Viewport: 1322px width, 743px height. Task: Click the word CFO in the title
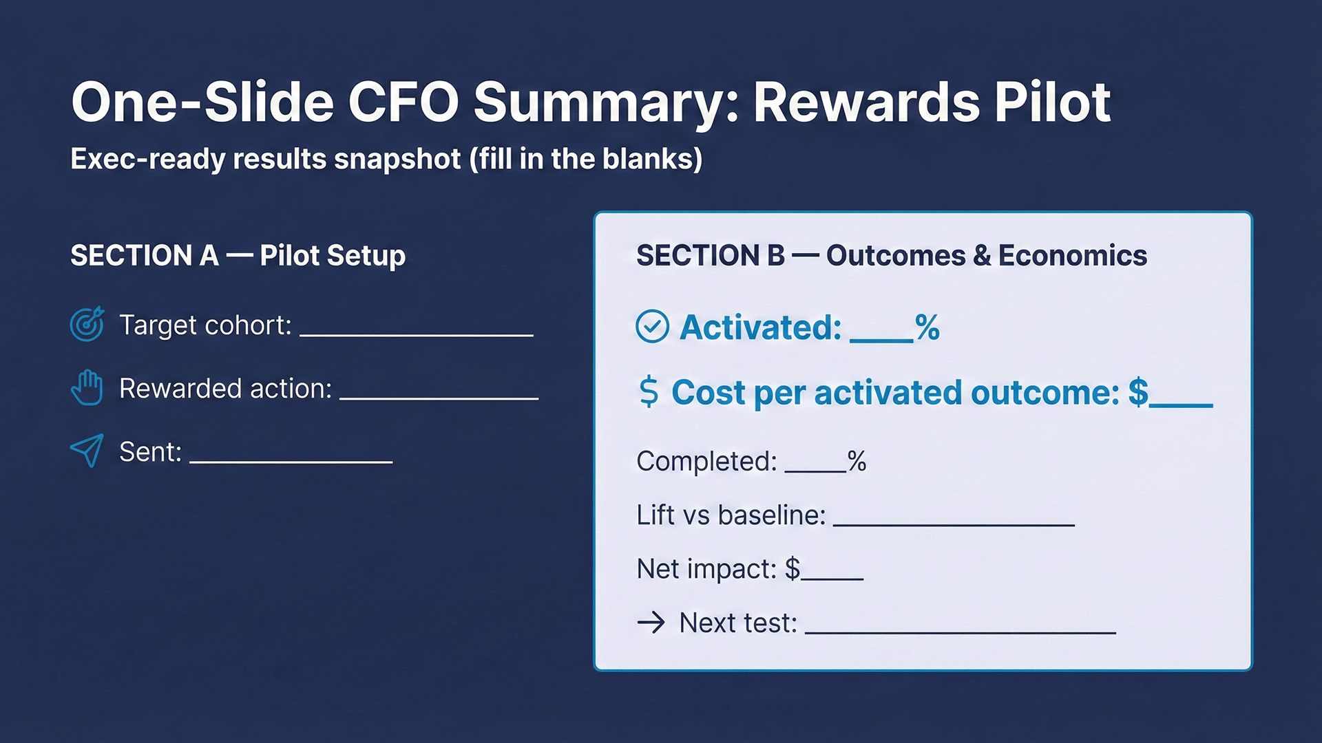click(403, 102)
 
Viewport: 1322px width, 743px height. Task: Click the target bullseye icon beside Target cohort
click(87, 324)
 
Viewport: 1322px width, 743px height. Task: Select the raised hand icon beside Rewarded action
click(87, 388)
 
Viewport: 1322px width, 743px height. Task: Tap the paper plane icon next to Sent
click(87, 451)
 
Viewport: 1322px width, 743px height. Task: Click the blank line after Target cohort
click(417, 334)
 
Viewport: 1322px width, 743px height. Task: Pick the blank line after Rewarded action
click(439, 398)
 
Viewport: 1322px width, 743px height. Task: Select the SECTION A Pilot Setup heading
click(238, 255)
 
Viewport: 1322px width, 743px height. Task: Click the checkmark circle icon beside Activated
click(652, 327)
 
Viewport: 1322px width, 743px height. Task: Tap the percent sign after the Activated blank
click(927, 327)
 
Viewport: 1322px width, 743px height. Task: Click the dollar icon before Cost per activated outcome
click(649, 392)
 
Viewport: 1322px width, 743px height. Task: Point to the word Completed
click(706, 461)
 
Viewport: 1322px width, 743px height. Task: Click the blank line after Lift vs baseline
click(954, 524)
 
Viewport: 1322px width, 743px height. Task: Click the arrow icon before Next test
click(651, 623)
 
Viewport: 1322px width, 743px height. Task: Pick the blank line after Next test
click(960, 632)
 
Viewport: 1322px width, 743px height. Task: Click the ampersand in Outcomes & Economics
click(982, 255)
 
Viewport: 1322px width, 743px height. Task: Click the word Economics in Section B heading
click(1072, 255)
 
